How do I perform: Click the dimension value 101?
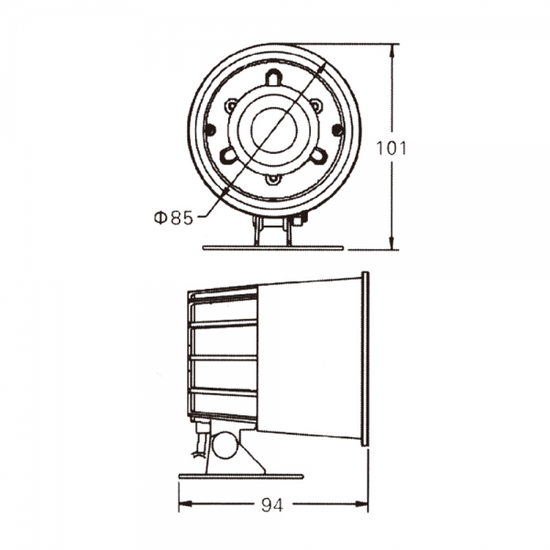click(x=391, y=148)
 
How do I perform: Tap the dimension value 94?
click(x=272, y=505)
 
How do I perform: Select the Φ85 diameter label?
click(x=173, y=218)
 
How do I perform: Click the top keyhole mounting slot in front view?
click(x=273, y=77)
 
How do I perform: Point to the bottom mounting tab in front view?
click(x=272, y=180)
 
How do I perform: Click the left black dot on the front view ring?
click(x=211, y=131)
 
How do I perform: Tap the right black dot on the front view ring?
click(x=337, y=130)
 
